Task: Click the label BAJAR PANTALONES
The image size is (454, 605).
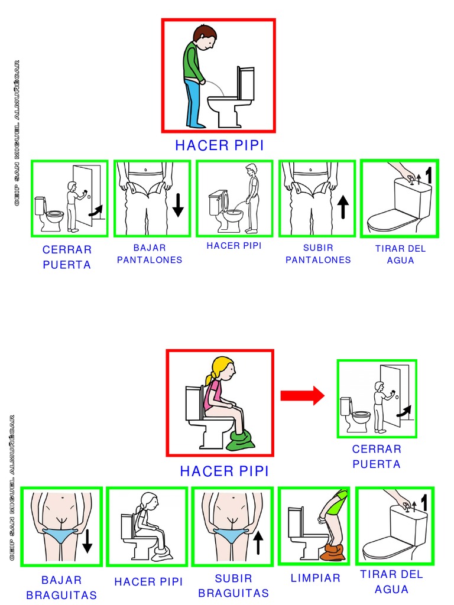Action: (x=150, y=254)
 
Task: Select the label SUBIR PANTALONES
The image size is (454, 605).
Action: (x=318, y=254)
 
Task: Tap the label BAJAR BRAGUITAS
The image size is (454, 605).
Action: (x=61, y=587)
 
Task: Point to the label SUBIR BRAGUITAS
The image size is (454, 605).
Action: (x=234, y=586)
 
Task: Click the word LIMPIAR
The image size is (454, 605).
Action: (x=316, y=578)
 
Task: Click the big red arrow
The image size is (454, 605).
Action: (x=302, y=395)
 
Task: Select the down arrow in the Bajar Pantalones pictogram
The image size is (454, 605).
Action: (x=178, y=205)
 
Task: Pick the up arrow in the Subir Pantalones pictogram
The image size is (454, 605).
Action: (x=343, y=207)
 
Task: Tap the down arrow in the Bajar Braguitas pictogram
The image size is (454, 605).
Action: (x=87, y=541)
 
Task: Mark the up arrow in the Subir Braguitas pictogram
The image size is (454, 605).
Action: (x=258, y=542)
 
